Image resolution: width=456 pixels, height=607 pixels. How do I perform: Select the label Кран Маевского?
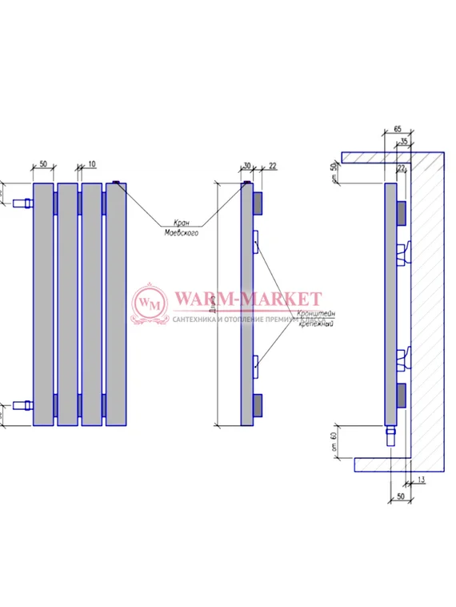(181, 227)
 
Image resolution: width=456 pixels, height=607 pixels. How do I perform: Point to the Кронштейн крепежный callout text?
(316, 320)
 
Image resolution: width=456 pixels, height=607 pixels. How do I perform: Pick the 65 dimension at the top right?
(398, 129)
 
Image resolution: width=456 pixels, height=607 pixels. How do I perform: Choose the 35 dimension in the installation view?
(404, 141)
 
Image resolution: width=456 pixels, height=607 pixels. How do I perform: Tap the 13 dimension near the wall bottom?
(421, 480)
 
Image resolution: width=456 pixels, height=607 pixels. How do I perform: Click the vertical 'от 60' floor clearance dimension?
(334, 439)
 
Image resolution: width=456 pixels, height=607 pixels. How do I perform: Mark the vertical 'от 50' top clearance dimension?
(334, 171)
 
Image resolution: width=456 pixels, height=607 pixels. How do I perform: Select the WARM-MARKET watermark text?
(247, 299)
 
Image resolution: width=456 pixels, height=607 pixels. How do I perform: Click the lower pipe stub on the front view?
(23, 404)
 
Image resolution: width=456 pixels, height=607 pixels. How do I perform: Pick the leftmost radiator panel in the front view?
(43, 304)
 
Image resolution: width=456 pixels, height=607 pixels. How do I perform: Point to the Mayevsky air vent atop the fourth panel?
(116, 183)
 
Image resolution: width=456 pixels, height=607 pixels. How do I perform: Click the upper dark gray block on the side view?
(258, 203)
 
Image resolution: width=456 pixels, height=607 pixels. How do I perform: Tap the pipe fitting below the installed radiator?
(390, 436)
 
